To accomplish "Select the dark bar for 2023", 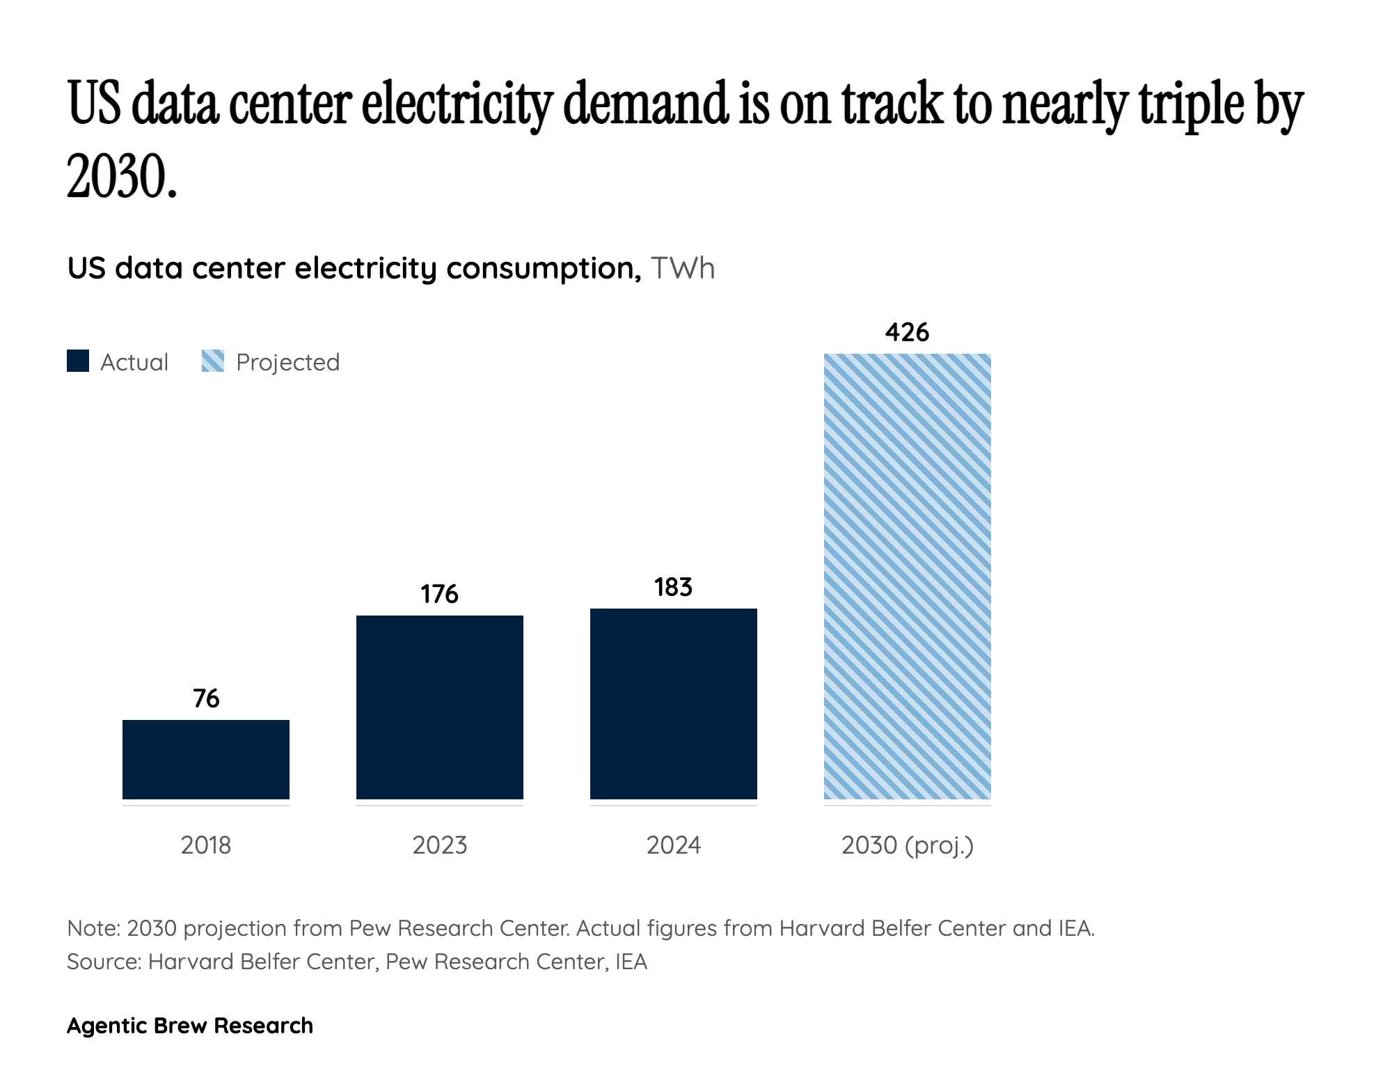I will tap(440, 707).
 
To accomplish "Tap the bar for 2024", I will tap(674, 703).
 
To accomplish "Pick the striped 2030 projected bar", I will tap(908, 577).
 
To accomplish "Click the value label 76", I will tap(206, 698).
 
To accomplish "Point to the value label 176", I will tap(440, 594).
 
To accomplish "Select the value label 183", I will tap(674, 587).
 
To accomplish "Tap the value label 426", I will tap(908, 332).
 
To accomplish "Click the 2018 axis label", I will tap(206, 845).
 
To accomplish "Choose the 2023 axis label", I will tap(440, 845).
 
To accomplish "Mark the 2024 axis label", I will tap(674, 845).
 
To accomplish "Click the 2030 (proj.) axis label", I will tap(908, 845).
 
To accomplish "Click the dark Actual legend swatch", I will tap(78, 361).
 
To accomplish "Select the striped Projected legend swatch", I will tap(213, 361).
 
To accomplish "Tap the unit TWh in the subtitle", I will tap(683, 269).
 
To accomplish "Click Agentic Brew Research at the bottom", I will tap(190, 1026).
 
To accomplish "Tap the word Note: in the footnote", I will tap(94, 928).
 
